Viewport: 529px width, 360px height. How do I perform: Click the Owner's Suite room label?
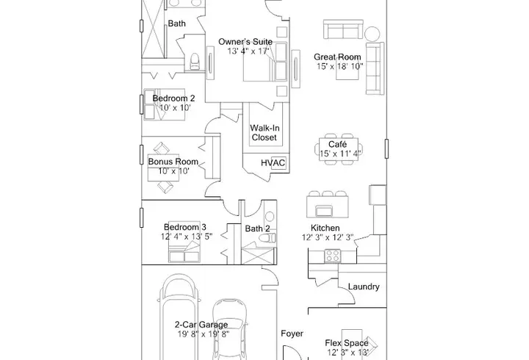pyautogui.click(x=245, y=42)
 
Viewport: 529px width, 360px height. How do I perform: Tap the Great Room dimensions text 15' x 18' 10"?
pyautogui.click(x=339, y=66)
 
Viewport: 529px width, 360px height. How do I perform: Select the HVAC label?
pyautogui.click(x=273, y=163)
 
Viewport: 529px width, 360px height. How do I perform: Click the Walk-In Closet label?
pyautogui.click(x=264, y=132)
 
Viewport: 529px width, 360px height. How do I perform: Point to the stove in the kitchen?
pyautogui.click(x=333, y=256)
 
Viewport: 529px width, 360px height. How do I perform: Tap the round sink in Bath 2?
pyautogui.click(x=270, y=216)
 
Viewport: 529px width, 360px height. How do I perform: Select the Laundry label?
pyautogui.click(x=364, y=287)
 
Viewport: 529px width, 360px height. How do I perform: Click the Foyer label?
pyautogui.click(x=292, y=334)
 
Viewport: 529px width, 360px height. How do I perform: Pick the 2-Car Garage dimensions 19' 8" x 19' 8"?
pyautogui.click(x=204, y=334)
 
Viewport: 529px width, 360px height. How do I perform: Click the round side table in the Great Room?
pyautogui.click(x=372, y=34)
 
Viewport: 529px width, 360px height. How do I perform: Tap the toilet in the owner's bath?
pyautogui.click(x=195, y=61)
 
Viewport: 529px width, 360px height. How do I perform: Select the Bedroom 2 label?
pyautogui.click(x=173, y=98)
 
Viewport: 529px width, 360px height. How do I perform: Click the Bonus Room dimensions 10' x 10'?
pyautogui.click(x=173, y=171)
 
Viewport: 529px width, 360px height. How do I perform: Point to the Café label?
pyautogui.click(x=337, y=145)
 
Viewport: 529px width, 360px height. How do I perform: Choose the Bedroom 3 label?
pyautogui.click(x=185, y=227)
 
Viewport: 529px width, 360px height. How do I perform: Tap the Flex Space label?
pyautogui.click(x=347, y=343)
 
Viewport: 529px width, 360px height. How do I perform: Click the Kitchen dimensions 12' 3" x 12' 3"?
pyautogui.click(x=327, y=237)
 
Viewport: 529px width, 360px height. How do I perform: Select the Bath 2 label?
pyautogui.click(x=257, y=228)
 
